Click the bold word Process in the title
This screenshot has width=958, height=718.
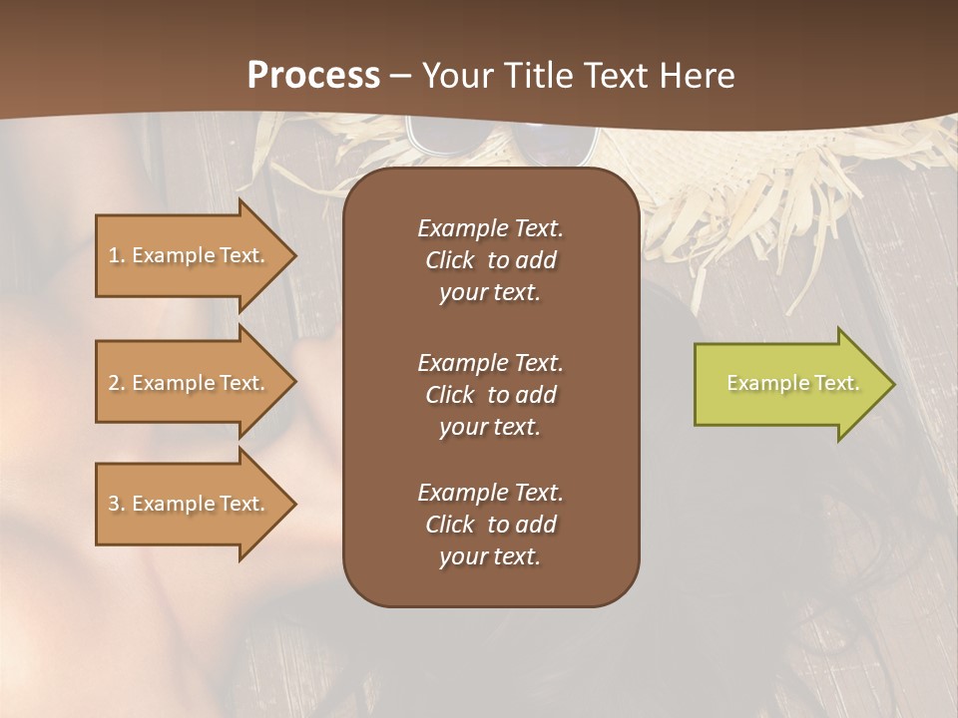[x=313, y=76]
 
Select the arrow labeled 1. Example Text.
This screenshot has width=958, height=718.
[x=190, y=255]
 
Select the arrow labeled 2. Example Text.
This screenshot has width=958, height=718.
[x=190, y=383]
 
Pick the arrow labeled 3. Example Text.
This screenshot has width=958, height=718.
[x=190, y=504]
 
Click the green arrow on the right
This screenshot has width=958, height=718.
[x=788, y=384]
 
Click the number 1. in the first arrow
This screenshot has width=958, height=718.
[x=117, y=255]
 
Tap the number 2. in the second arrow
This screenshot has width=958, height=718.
[x=117, y=383]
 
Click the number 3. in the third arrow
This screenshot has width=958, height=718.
[x=117, y=504]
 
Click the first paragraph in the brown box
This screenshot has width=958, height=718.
[x=490, y=260]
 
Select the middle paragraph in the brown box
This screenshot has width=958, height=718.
[x=490, y=394]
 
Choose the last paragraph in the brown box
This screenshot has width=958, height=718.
[x=490, y=525]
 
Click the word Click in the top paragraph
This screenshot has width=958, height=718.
[x=449, y=260]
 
